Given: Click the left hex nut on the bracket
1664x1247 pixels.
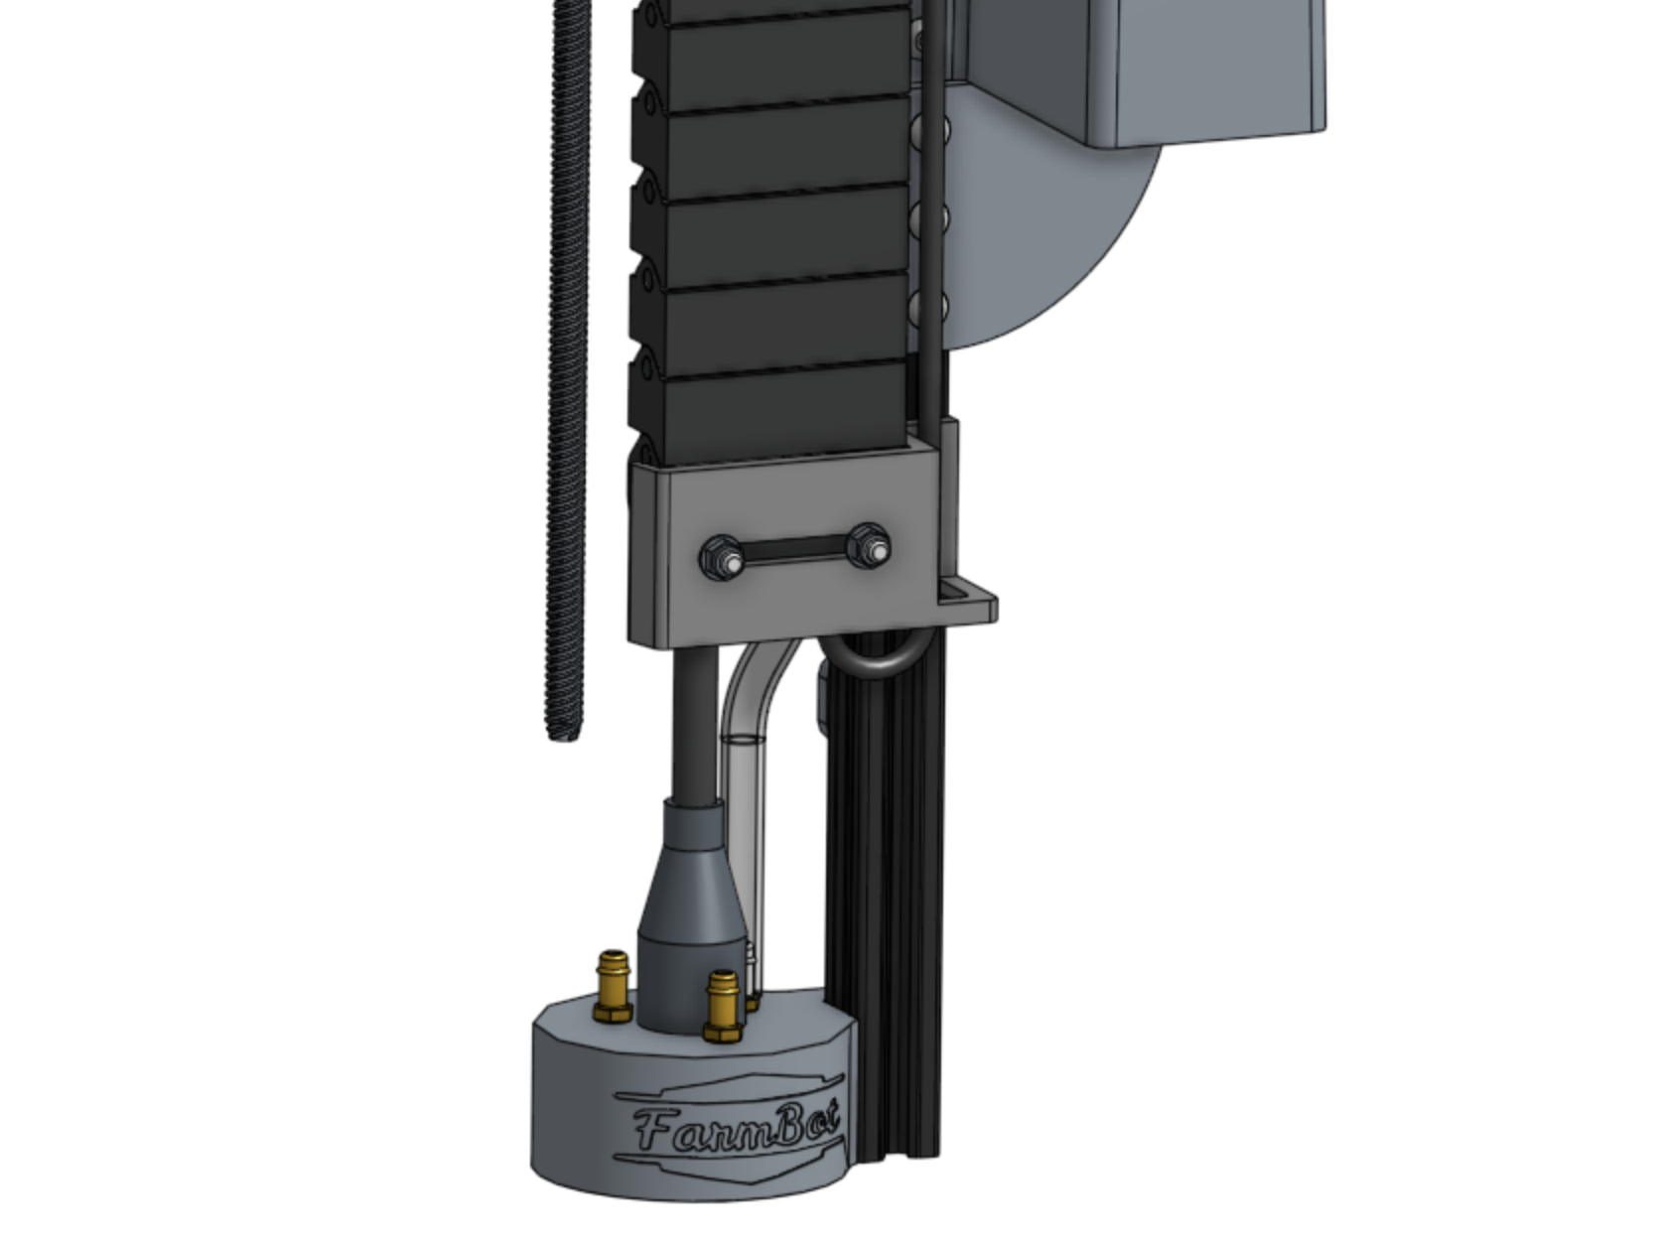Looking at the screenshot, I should point(720,557).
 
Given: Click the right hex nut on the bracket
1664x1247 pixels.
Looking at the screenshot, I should point(870,547).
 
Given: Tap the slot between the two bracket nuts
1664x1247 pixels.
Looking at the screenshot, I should point(794,553).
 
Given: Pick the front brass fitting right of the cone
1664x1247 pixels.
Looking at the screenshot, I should point(722,1005).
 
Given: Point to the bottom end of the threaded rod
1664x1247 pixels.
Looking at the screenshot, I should point(564,733).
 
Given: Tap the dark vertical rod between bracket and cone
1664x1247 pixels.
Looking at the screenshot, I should point(693,725).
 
